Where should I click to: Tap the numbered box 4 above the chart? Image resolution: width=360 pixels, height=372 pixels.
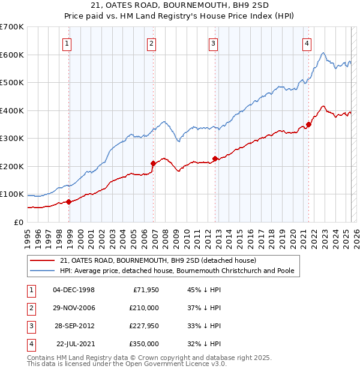(307, 43)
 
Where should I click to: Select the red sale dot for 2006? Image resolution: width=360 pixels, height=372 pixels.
(153, 163)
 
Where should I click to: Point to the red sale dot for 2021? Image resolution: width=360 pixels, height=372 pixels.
(308, 125)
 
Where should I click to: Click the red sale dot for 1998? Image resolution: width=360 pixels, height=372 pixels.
(68, 202)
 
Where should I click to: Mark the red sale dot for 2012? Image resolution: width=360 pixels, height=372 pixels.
(215, 158)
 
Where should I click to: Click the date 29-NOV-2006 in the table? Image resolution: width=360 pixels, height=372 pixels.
(74, 308)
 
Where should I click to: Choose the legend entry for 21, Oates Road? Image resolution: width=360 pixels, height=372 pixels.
(158, 260)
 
